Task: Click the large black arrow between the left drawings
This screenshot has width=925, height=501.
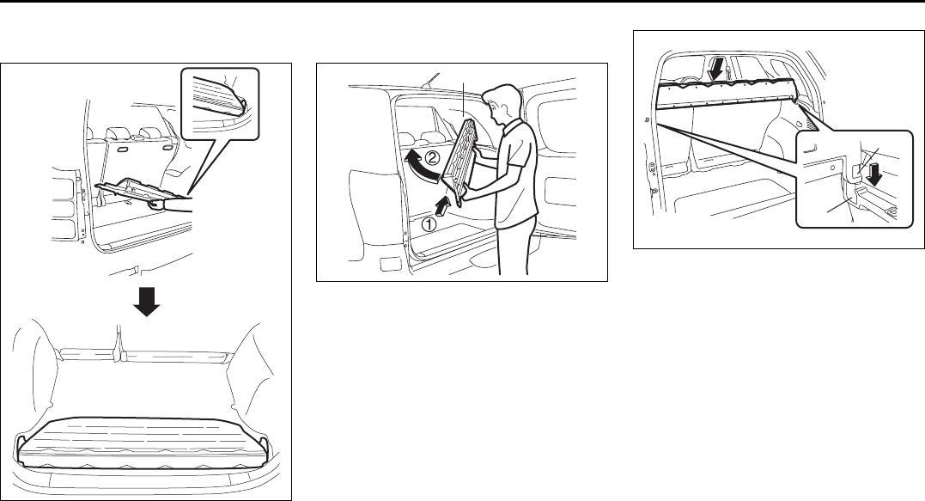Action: coord(148,302)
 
